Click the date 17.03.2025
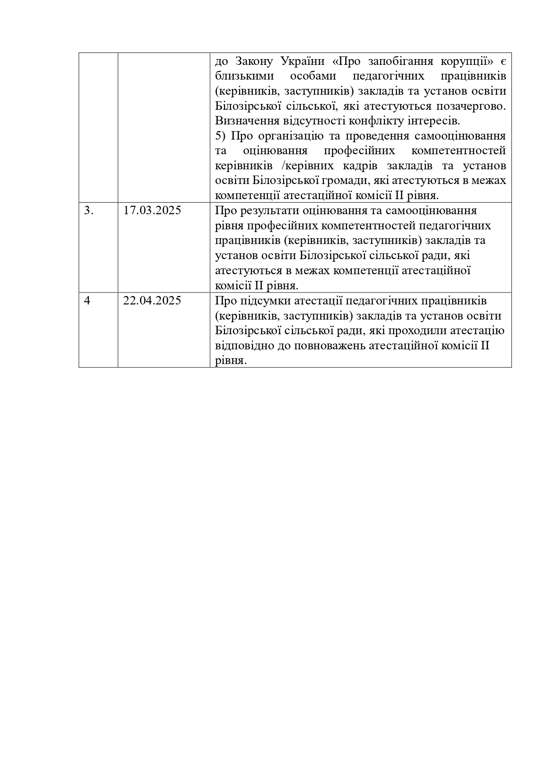pos(152,210)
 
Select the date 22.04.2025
pos(152,300)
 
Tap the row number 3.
pos(89,210)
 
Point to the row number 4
pos(87,300)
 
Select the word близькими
pos(244,76)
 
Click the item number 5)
pos(220,136)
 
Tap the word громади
pos(344,181)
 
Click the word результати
pos(268,211)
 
